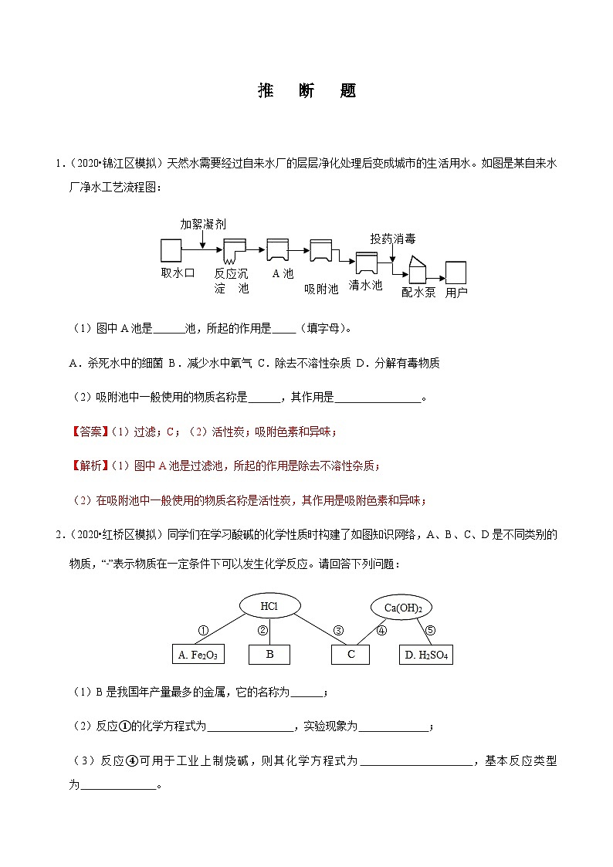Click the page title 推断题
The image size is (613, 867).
tap(306, 90)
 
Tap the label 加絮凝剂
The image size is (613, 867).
tap(203, 224)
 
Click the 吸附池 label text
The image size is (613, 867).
tap(321, 289)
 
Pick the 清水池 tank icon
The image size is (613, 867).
tap(366, 263)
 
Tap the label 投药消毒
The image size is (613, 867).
tap(393, 239)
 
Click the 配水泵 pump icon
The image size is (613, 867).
tap(416, 271)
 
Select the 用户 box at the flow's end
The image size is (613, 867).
tap(456, 273)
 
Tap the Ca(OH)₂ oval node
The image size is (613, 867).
tap(402, 608)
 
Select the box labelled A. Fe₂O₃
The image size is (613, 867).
tap(198, 655)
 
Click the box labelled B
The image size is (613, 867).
tap(269, 655)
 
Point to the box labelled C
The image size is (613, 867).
tap(351, 655)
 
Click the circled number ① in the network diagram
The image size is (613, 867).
tap(203, 631)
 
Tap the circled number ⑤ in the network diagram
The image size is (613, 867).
tap(430, 631)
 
